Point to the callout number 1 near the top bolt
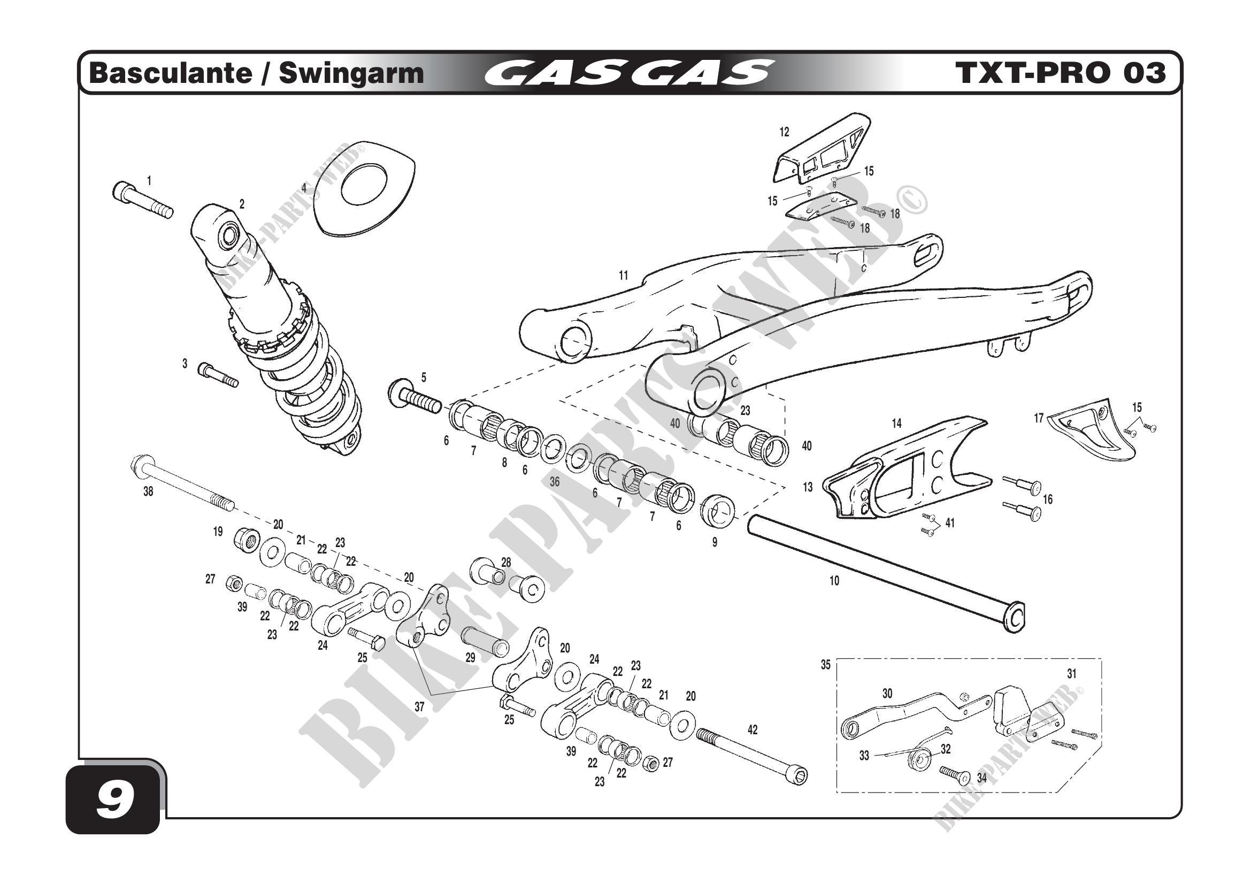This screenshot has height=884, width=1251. click(149, 180)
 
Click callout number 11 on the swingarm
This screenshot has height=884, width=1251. click(623, 275)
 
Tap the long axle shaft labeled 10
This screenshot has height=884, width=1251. click(882, 572)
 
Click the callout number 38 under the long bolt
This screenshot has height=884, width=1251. click(148, 491)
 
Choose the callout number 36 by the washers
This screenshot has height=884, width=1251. click(555, 481)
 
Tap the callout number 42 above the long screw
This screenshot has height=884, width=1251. click(753, 730)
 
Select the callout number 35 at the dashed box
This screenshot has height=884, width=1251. click(825, 665)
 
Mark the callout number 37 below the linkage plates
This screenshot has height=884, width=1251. click(419, 707)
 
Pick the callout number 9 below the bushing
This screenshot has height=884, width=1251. click(715, 542)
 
